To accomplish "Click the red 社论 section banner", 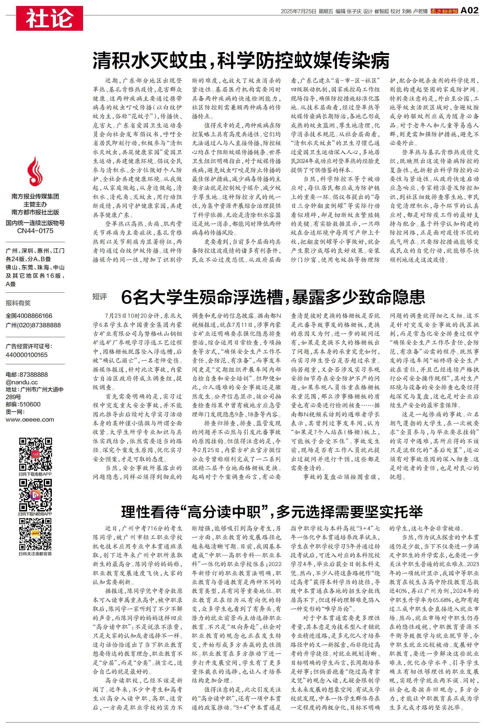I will point(49,18).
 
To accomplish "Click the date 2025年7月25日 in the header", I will point(298,11).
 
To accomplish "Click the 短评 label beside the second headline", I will point(100,297).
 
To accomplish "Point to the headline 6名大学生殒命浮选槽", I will point(273,297).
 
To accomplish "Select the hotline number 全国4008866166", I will point(29,316).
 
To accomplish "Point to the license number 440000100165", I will point(27,355).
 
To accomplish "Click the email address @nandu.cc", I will point(22,382).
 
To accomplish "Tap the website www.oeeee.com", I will point(30,420).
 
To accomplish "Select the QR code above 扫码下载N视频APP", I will point(35,495).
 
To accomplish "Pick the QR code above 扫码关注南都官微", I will point(35,534).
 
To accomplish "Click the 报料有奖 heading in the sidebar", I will point(18,303).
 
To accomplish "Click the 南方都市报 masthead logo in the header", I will point(444,11).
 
